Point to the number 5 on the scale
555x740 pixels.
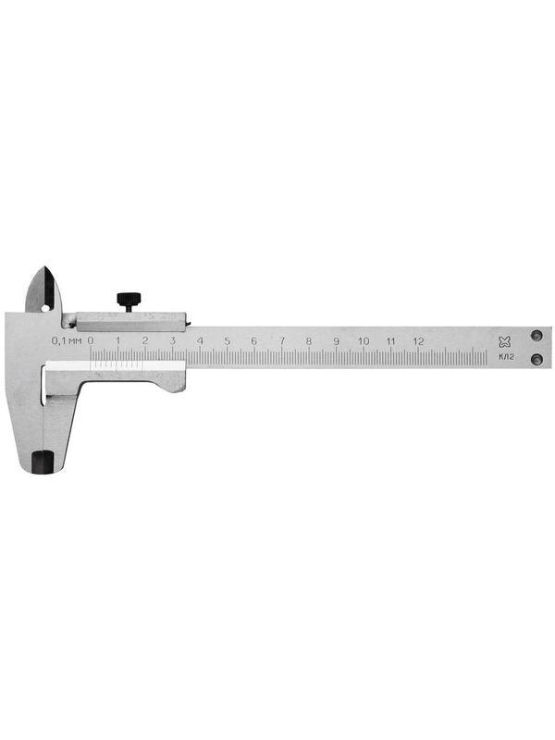click(227, 341)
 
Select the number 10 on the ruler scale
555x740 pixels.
click(364, 341)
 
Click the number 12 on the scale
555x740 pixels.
click(418, 341)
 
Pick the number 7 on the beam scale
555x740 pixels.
click(281, 341)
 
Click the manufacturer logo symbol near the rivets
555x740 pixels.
click(504, 341)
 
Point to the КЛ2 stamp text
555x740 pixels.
click(505, 358)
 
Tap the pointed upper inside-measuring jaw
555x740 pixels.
click(43, 289)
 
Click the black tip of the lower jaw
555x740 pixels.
click(42, 461)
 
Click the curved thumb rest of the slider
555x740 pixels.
click(171, 383)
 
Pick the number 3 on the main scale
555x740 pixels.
click(172, 341)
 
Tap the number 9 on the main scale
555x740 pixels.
click(336, 341)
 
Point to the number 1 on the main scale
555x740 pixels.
click(117, 341)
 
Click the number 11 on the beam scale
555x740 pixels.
click(390, 341)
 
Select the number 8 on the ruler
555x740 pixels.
click(309, 341)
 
